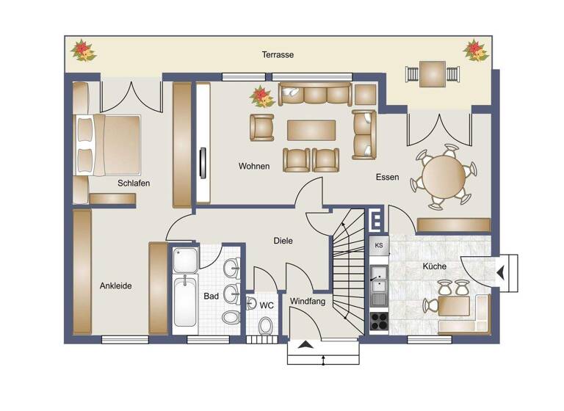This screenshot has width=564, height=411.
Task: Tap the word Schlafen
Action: pos(133,183)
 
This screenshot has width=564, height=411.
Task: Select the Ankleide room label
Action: pos(115,286)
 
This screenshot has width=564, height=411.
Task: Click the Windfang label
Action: pos(308,302)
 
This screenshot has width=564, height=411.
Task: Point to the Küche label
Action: pos(434,266)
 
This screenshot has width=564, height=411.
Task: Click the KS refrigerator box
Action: pos(379,245)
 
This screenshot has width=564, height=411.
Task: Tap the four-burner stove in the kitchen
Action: pos(379,321)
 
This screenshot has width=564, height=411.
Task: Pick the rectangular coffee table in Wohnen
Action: pos(311,130)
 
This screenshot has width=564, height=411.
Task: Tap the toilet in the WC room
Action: pos(265,324)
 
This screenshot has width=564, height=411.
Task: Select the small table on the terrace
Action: pos(432,73)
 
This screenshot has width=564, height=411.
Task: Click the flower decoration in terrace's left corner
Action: pos(83,51)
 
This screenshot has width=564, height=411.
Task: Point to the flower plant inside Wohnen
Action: pos(261,96)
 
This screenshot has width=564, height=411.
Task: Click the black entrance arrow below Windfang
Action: pos(306,346)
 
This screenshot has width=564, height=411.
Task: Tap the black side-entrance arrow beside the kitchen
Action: pos(500,273)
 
